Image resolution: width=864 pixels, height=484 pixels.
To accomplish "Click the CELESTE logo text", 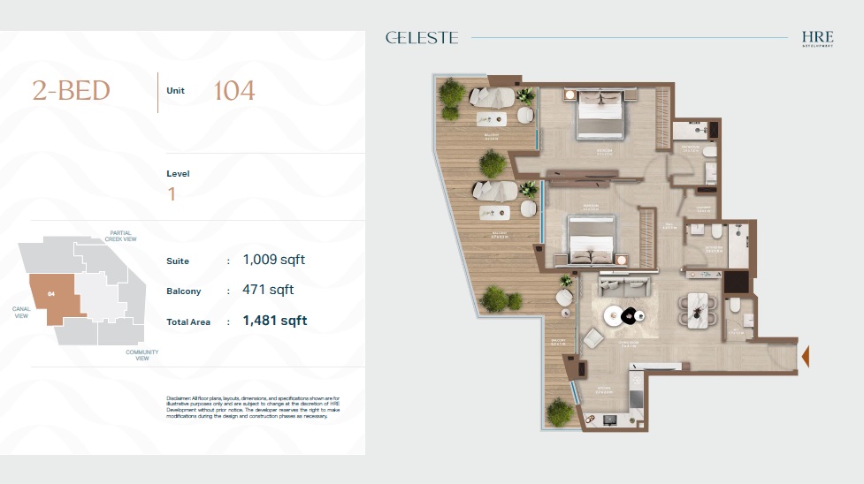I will (422, 38).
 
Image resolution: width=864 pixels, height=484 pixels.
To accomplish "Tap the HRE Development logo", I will (818, 39).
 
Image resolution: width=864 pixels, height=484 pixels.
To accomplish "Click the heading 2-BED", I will (72, 91).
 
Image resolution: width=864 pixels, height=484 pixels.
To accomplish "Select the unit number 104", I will (234, 91).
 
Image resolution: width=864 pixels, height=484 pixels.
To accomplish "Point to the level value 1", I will (172, 194).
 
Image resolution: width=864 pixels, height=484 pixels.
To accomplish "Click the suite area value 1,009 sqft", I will (274, 261).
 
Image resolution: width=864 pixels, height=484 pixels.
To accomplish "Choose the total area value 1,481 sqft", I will (274, 321).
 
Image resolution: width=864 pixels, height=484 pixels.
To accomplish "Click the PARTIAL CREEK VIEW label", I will (120, 236).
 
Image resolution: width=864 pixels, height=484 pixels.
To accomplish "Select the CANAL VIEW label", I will (22, 312).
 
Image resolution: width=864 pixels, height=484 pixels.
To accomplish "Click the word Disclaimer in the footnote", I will (182, 399).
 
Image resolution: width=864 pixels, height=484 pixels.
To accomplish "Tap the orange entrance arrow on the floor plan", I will (805, 355).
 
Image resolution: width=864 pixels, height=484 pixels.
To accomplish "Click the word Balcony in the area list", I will (184, 291).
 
